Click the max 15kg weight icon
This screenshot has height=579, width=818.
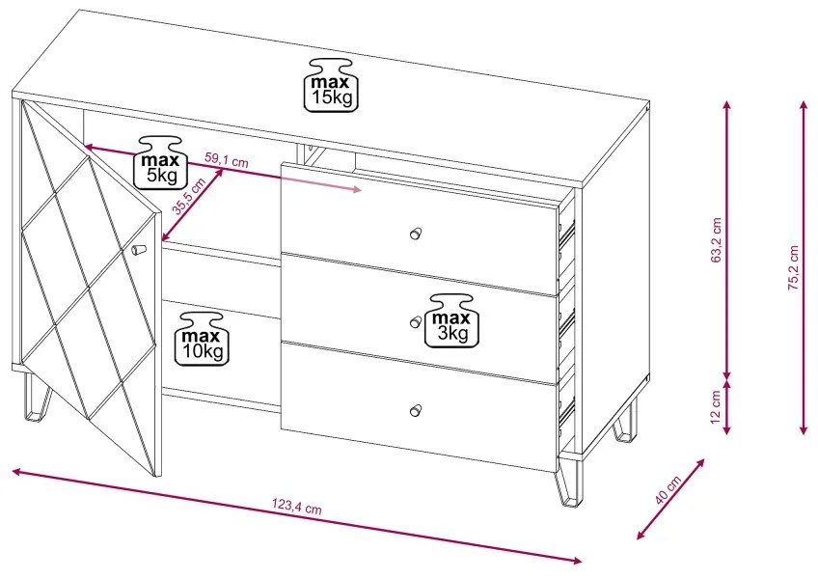(331, 85)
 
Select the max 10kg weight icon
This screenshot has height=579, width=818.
(202, 339)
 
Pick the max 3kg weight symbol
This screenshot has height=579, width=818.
(452, 320)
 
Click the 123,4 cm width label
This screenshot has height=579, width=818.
(297, 507)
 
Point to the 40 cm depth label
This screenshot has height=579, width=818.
(668, 489)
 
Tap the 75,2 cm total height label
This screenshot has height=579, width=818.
(794, 267)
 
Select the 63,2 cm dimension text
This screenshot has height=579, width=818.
(716, 240)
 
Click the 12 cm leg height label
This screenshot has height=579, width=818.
(716, 407)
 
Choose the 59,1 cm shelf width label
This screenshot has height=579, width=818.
(227, 160)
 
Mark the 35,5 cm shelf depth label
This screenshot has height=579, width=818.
(190, 196)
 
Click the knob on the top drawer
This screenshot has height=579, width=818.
(415, 233)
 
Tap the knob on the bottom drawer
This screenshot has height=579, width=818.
(415, 410)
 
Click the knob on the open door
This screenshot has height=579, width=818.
(138, 250)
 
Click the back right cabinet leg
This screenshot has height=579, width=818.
(625, 422)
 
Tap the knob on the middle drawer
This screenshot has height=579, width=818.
(415, 321)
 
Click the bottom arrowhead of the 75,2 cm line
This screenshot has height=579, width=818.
(804, 428)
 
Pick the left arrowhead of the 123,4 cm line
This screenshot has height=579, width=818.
(17, 472)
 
